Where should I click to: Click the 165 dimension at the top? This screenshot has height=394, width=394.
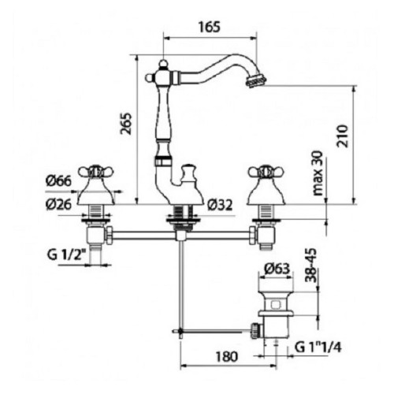pos(209,27)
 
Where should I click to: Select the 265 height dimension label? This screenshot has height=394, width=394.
pos(125,124)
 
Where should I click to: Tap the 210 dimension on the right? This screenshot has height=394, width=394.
pos(343,136)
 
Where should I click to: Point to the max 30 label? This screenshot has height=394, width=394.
pos(318,173)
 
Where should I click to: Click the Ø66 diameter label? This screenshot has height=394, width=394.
pos(58,181)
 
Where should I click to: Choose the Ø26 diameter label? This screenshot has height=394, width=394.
pos(58,204)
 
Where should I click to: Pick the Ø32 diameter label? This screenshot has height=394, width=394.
pos(220,205)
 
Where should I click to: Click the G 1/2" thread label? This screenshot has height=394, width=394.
pos(67,255)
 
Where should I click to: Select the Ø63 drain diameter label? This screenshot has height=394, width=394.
pos(277,268)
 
